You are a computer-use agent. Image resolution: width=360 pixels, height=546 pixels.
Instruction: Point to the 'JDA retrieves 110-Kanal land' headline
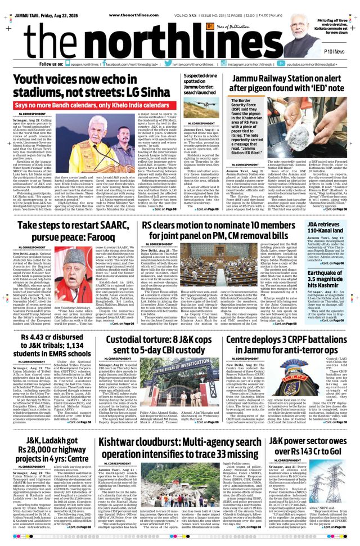point(327,228)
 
